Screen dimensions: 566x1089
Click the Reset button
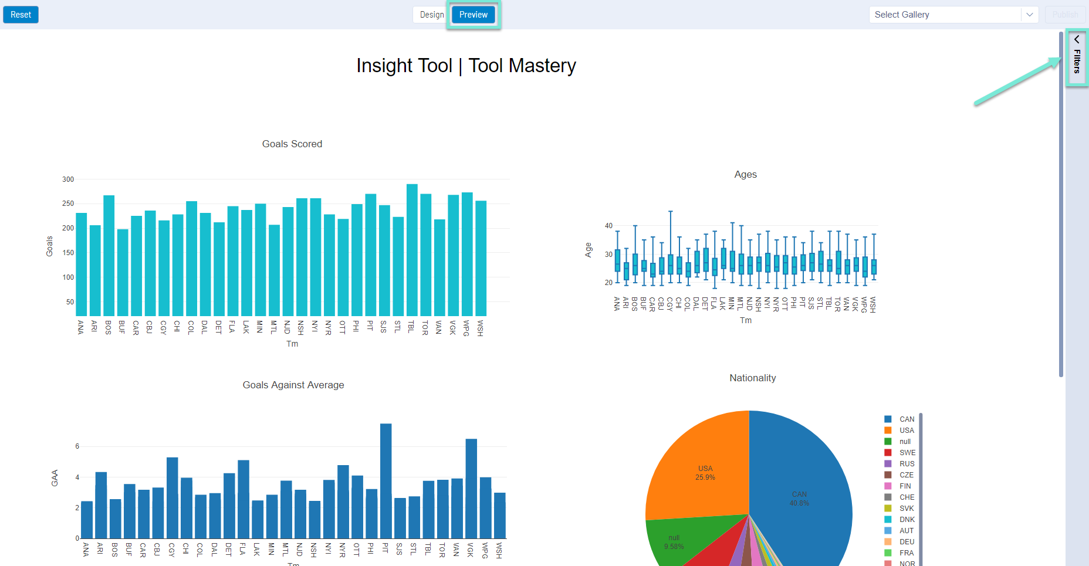21,15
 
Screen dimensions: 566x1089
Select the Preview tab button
473,15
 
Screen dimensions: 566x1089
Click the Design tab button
432,15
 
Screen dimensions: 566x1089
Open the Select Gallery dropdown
953,15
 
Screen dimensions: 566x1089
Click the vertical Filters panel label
1077,61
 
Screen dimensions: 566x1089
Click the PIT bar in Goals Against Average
385,481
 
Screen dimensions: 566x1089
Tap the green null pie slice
675,540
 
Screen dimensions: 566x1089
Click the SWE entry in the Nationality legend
907,453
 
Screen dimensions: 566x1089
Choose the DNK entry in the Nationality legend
907,520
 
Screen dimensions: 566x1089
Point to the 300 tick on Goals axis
68,179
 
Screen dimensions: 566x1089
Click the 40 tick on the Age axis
608,226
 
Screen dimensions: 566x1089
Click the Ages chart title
745,174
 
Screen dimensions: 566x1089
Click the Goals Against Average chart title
293,385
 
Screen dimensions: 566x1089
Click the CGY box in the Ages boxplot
671,265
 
